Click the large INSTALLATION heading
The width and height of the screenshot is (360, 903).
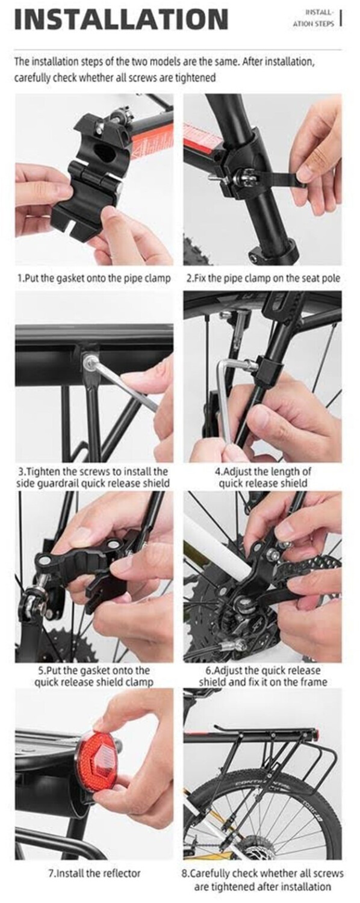click(x=122, y=19)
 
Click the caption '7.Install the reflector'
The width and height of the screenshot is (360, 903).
click(x=95, y=873)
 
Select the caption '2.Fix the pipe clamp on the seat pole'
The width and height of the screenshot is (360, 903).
click(x=264, y=278)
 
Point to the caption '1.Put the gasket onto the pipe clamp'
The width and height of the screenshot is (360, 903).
click(x=95, y=278)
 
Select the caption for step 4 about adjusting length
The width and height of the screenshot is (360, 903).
click(x=263, y=477)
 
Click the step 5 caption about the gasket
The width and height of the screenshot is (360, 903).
click(x=94, y=676)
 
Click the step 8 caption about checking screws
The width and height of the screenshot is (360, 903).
click(x=263, y=879)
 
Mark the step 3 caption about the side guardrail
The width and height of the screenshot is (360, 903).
click(x=93, y=477)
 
